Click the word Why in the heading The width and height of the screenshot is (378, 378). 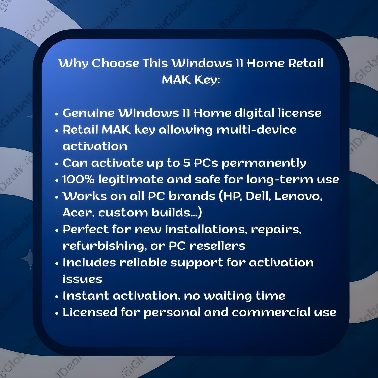click(x=73, y=63)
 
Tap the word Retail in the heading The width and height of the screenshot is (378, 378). click(x=306, y=63)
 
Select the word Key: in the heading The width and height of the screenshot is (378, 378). click(x=207, y=80)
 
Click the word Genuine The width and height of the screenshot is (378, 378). click(x=88, y=113)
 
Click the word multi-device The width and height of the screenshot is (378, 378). click(x=256, y=130)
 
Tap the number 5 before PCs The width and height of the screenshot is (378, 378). click(x=187, y=163)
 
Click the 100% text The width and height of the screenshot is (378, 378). click(x=78, y=179)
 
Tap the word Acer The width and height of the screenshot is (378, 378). click(x=79, y=213)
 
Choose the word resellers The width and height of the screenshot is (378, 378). click(x=217, y=246)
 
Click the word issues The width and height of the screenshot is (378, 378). click(x=82, y=279)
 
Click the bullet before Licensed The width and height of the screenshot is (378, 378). click(x=57, y=313)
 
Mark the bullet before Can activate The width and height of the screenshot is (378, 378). click(x=57, y=164)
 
